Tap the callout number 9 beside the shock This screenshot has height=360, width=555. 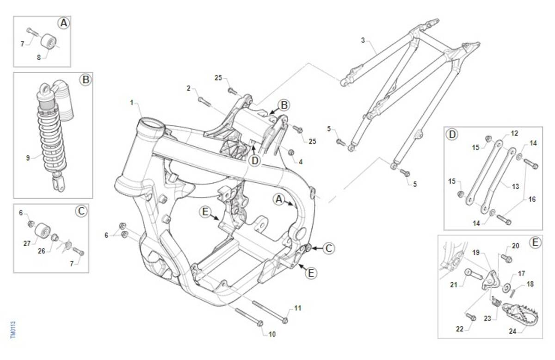[x=28, y=158]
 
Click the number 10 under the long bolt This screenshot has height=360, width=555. [x=272, y=334]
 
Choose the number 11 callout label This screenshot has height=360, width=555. [x=297, y=308]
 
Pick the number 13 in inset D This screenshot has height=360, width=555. [x=516, y=186]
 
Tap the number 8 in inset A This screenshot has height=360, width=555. [x=39, y=57]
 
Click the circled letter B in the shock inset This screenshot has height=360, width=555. [x=85, y=80]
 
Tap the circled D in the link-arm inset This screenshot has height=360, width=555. [x=452, y=135]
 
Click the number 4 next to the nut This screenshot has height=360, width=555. [x=301, y=161]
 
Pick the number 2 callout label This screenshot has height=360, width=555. [x=189, y=88]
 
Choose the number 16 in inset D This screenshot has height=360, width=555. [x=532, y=199]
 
